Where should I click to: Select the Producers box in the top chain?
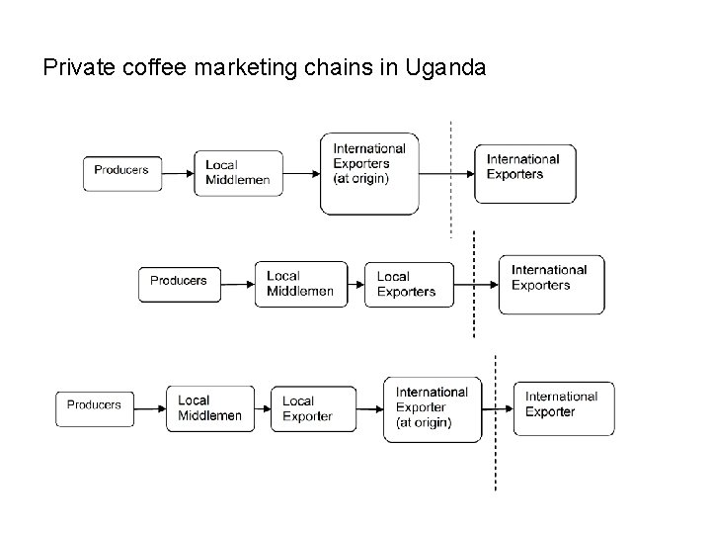coord(121,171)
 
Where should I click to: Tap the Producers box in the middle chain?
coord(179,282)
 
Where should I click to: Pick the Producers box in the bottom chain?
coord(95,405)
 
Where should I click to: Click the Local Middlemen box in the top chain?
coord(238,173)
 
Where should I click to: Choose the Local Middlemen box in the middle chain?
coord(300,284)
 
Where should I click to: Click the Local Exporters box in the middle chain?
coord(409,285)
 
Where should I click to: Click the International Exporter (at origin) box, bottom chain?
coord(433,408)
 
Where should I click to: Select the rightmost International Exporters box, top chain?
coord(524,173)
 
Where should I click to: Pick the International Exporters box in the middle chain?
coord(553,284)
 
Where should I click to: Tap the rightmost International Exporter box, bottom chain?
coord(564,408)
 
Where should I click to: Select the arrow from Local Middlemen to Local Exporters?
coord(356,285)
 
